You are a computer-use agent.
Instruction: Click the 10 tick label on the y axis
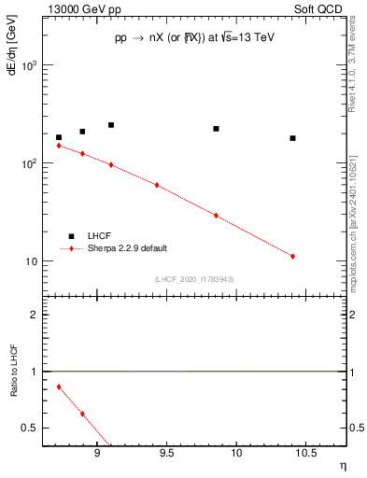[32, 261]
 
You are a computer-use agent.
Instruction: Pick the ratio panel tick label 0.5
[31, 428]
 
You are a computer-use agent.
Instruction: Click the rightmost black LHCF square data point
[292, 138]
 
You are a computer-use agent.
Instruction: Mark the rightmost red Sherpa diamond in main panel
[292, 256]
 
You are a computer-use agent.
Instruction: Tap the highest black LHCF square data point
[111, 125]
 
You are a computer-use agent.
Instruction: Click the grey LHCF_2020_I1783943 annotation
[193, 279]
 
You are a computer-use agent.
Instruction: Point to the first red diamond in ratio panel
[59, 387]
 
